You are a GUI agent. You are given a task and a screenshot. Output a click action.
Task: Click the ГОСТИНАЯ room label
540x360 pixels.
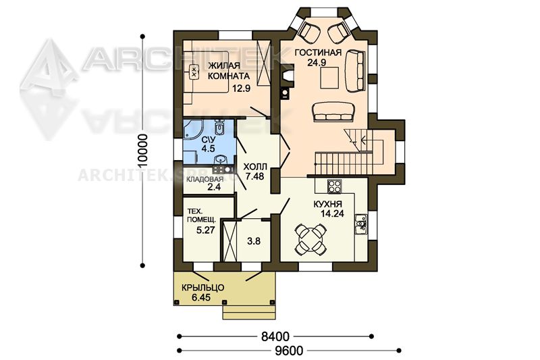tap(318, 53)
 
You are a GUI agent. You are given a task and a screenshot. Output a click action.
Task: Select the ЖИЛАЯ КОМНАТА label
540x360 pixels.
tap(229, 71)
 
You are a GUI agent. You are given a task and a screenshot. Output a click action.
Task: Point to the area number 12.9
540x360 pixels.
tap(241, 88)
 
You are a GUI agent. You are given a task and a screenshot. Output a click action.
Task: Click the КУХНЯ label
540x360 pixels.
tap(327, 204)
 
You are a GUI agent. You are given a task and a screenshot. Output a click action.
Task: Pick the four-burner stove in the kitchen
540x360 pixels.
tap(333, 186)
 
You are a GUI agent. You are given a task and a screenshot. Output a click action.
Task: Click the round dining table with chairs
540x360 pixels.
tap(310, 240)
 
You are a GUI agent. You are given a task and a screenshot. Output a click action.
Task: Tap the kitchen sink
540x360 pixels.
tap(360, 224)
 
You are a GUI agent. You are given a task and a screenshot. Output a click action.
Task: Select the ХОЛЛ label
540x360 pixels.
tap(255, 167)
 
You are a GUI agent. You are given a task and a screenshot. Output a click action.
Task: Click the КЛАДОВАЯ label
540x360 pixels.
tap(205, 180)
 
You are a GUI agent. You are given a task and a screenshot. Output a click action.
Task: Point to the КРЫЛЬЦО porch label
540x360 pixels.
tap(203, 287)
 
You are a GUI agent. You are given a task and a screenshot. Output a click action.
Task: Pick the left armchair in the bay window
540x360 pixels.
tap(309, 30)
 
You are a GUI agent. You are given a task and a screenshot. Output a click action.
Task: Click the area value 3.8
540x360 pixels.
tap(254, 242)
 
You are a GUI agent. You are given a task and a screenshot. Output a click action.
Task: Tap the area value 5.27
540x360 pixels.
tap(206, 230)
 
